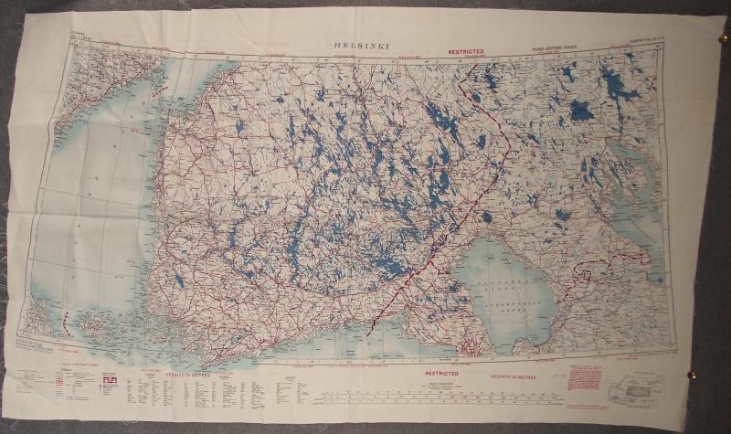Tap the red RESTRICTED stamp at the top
pos(466,52)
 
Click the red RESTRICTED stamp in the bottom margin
pos(442,374)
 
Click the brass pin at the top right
pos(723,38)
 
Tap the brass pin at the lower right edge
pos(692,374)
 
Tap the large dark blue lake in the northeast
pos(581,111)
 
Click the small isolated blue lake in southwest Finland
pos(180,282)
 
